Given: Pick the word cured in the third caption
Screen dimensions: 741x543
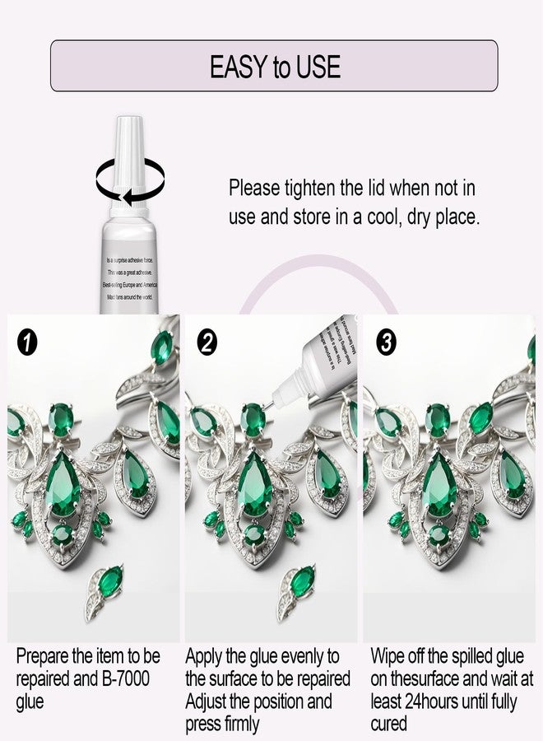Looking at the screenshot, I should [388, 724].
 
